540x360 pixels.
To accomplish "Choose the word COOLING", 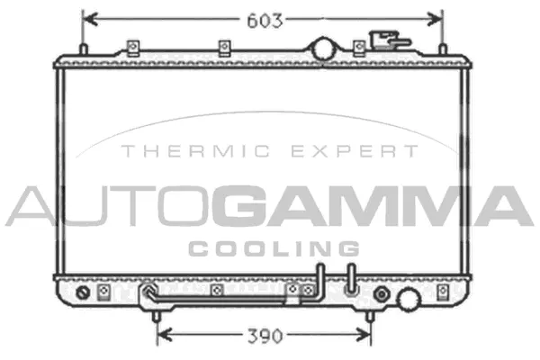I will click(273, 248).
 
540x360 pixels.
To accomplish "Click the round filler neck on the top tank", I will click(322, 48).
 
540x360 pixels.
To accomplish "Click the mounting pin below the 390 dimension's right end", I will click(369, 314).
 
